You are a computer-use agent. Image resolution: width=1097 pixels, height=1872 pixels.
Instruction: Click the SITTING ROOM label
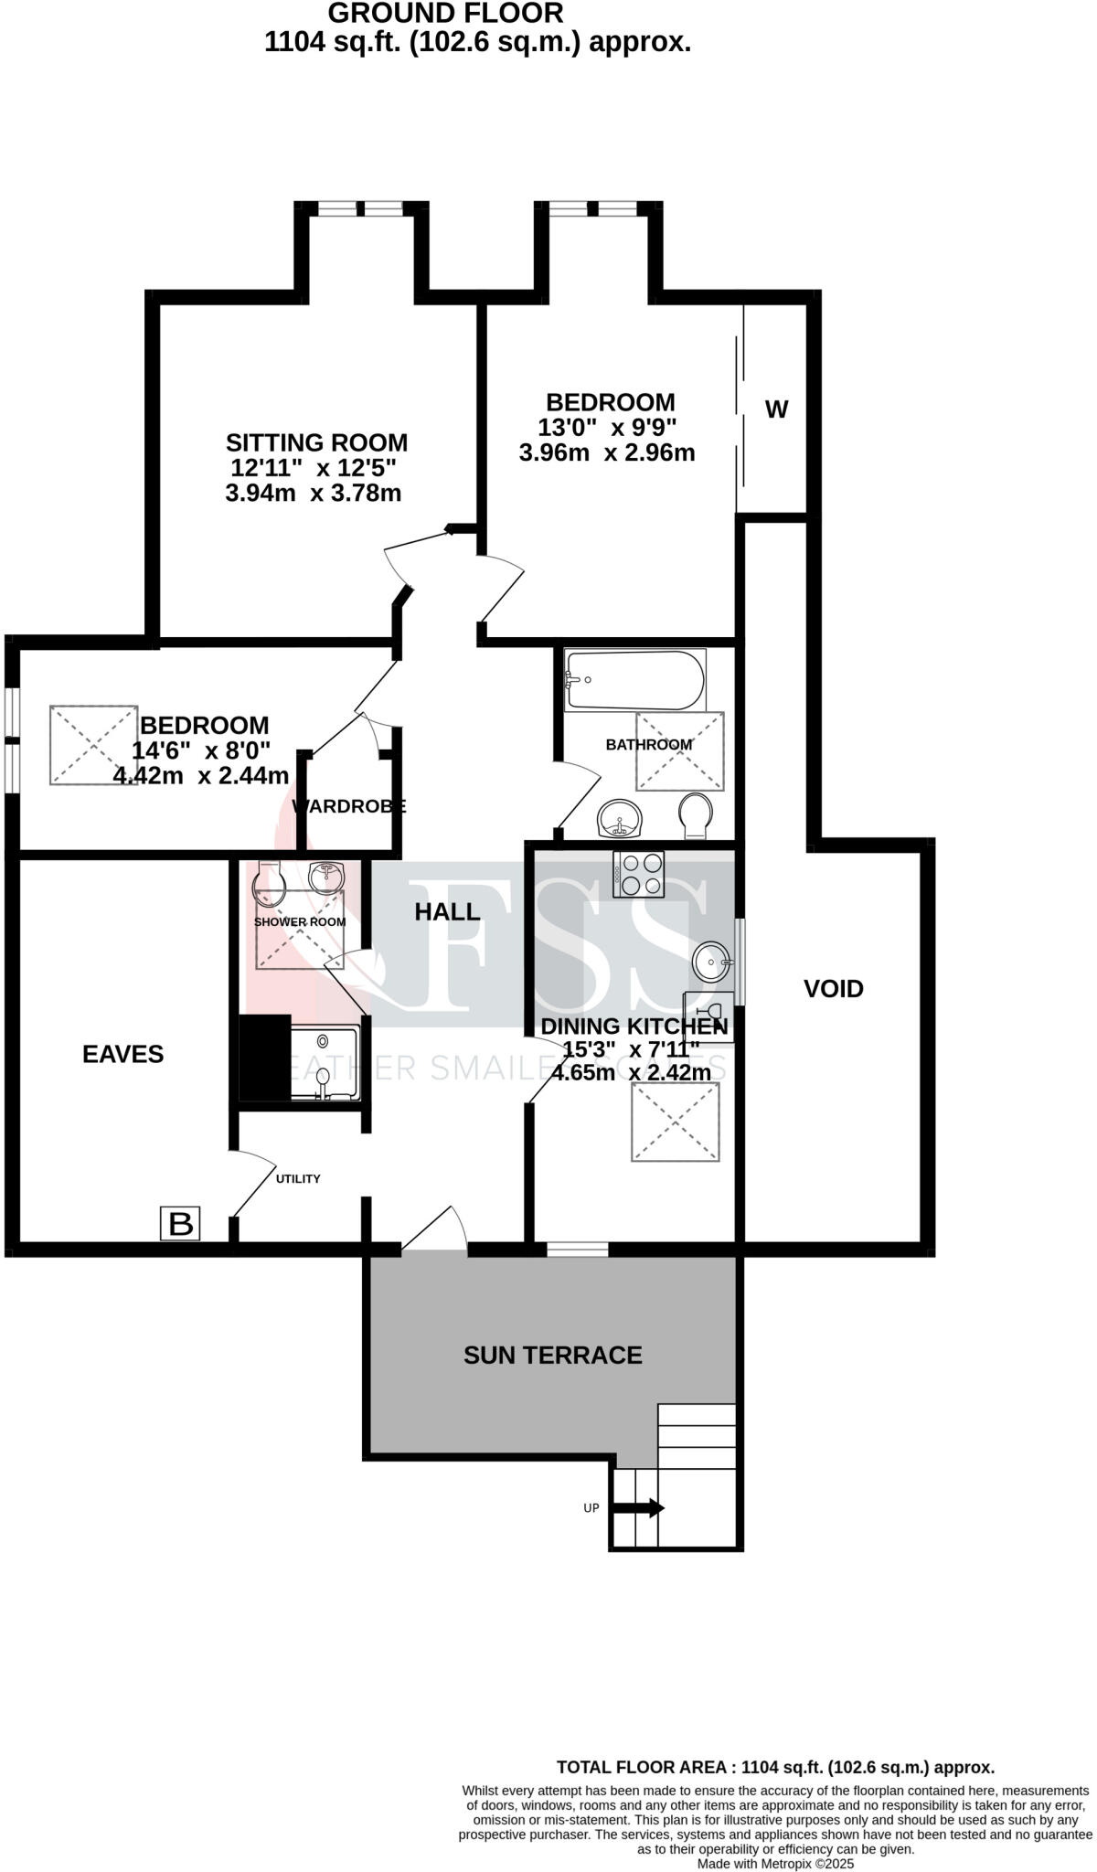click(x=316, y=442)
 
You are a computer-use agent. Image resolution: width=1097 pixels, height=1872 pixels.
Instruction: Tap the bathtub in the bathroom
click(x=634, y=680)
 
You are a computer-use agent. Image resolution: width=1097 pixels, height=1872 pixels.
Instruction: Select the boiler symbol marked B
click(x=180, y=1223)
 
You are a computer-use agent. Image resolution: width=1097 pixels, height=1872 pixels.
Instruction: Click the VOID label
click(x=833, y=988)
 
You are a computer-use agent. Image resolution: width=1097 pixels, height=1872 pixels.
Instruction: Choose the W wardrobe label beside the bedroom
click(x=775, y=409)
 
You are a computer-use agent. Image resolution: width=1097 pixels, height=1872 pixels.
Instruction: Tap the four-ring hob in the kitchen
click(x=639, y=874)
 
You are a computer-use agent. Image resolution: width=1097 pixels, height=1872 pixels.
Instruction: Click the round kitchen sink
click(x=710, y=961)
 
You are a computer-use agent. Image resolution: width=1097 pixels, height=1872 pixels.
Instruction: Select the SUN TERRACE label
click(x=552, y=1355)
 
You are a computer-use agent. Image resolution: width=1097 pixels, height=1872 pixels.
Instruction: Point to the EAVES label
click(x=122, y=1054)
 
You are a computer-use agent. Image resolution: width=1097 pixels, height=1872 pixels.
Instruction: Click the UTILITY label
click(x=298, y=1178)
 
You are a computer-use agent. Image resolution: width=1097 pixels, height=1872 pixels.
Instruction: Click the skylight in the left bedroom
click(x=93, y=744)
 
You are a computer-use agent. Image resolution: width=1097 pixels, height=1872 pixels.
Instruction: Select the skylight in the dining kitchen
click(x=675, y=1122)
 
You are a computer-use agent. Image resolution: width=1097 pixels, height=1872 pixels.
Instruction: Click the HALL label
click(x=447, y=911)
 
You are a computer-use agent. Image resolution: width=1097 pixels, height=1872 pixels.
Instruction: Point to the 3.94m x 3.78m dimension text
click(x=313, y=494)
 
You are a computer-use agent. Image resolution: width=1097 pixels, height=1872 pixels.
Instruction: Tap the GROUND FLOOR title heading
click(x=445, y=13)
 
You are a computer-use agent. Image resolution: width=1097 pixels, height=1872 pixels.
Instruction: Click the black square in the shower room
click(x=264, y=1058)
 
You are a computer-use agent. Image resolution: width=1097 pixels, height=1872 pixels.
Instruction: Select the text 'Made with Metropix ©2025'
click(x=775, y=1863)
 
